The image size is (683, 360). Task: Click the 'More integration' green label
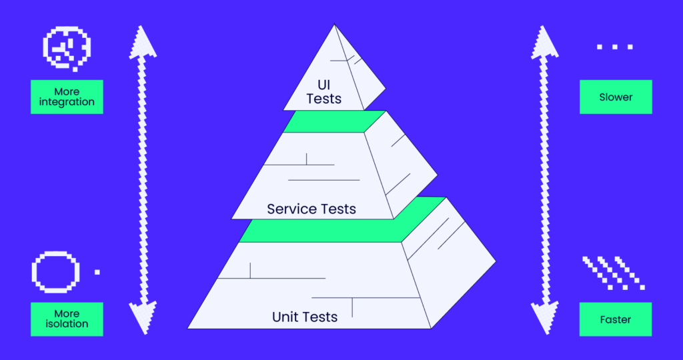pos(67,97)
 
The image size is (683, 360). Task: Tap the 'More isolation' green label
pos(67,319)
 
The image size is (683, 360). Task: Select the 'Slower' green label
pos(616,97)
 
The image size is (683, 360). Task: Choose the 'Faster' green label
pos(616,319)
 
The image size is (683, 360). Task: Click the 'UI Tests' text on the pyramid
pos(324,92)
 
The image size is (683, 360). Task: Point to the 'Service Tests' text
pos(311,209)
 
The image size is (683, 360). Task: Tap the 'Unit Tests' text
pos(305,317)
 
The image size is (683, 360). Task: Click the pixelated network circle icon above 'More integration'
pos(67,48)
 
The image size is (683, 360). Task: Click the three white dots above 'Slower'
pos(615,47)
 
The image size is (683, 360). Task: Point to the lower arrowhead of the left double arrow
pos(142,319)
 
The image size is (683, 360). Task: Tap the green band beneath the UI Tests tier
pos(333,121)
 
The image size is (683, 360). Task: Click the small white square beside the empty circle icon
pos(97,272)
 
